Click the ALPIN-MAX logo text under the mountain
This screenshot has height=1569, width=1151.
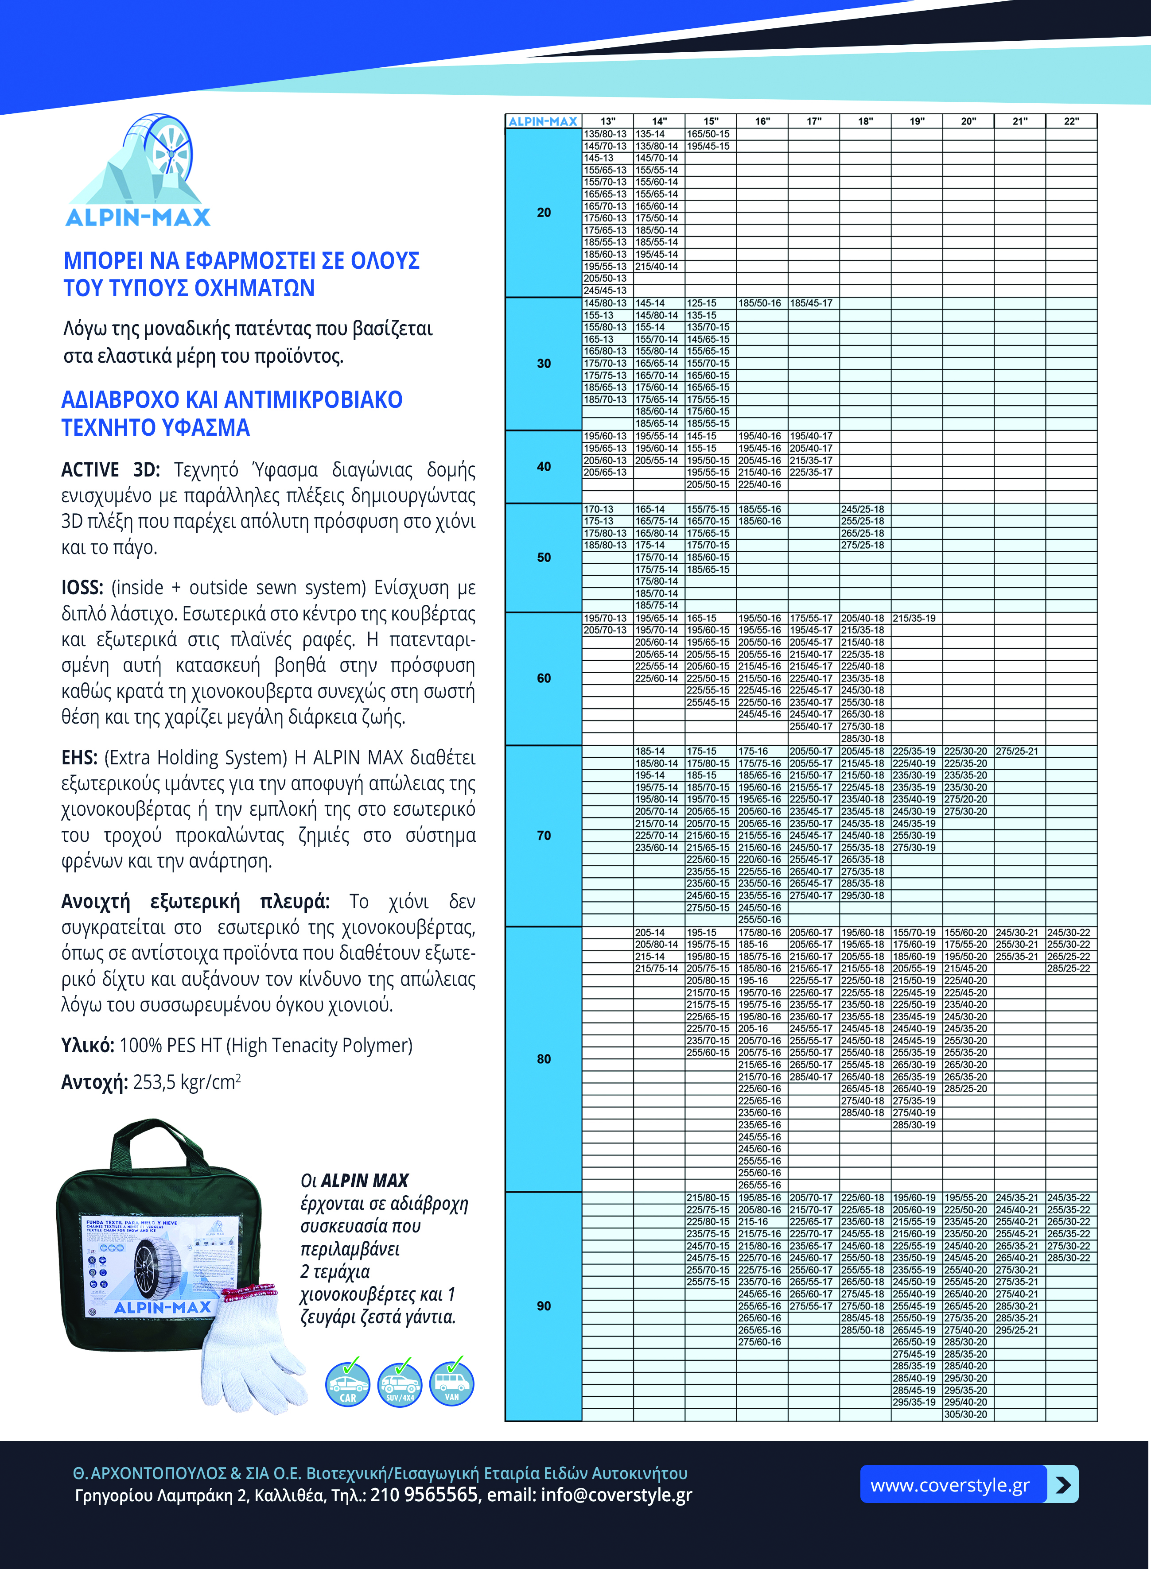138,217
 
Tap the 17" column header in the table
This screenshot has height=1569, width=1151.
814,121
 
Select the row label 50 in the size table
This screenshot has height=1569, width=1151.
544,557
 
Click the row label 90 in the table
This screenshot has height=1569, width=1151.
544,1306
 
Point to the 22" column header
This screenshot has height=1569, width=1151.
1071,121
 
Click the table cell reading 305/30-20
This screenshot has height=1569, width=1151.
966,1414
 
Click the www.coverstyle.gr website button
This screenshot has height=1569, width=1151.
950,1485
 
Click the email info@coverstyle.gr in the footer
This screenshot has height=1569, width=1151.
616,1495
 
